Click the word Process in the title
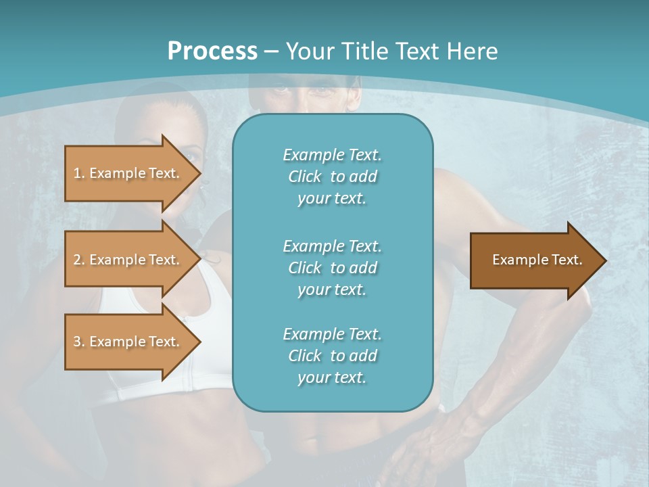[212, 51]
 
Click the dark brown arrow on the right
[534, 260]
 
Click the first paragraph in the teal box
[332, 177]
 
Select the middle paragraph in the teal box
[332, 267]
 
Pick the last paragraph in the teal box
[332, 356]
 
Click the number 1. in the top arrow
[79, 173]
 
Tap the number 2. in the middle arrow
[79, 260]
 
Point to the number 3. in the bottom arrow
[79, 342]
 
